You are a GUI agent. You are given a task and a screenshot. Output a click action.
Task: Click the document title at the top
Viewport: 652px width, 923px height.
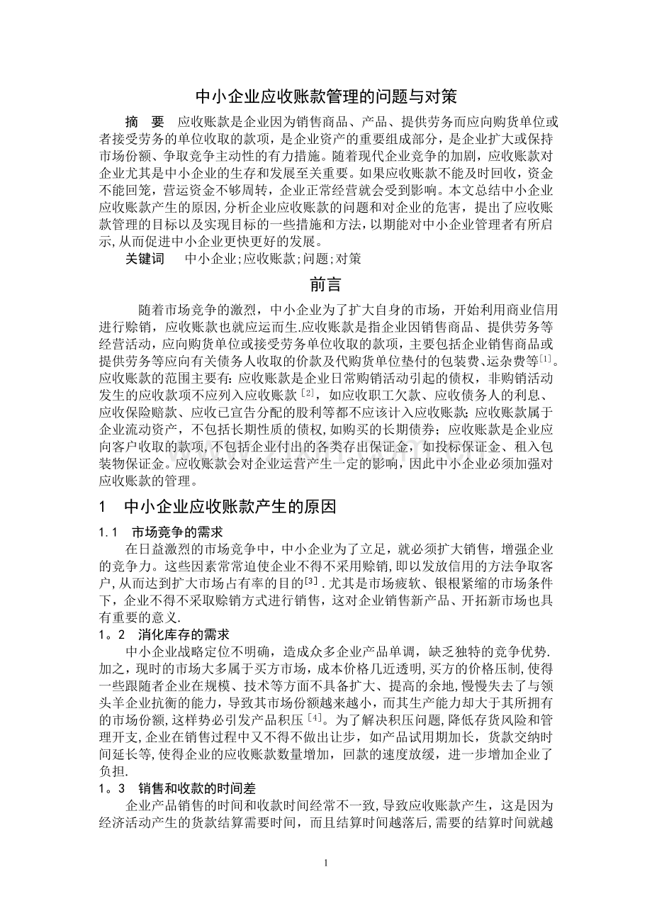pos(326,95)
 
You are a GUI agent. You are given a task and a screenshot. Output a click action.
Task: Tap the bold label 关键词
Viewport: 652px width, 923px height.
pos(144,259)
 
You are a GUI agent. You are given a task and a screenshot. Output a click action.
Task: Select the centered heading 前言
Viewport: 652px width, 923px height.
pos(326,284)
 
